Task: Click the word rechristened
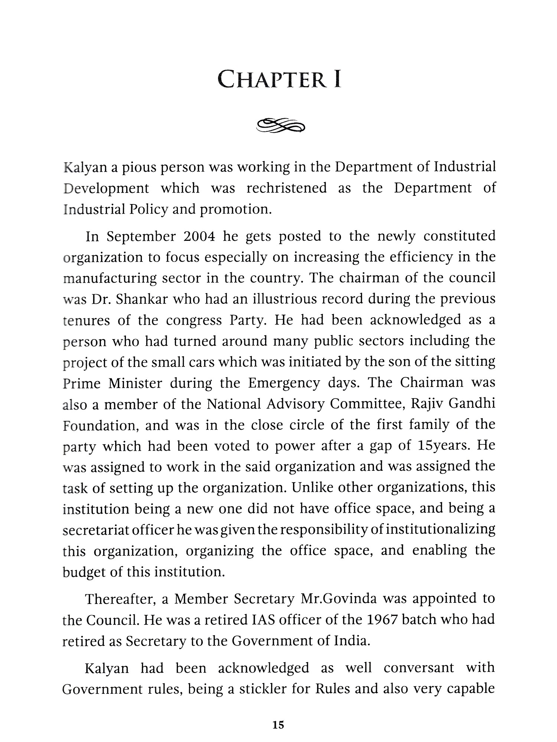click(x=287, y=188)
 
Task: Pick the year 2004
click(x=199, y=236)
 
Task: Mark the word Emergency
click(x=284, y=383)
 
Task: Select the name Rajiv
click(x=427, y=404)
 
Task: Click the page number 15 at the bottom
click(x=278, y=725)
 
